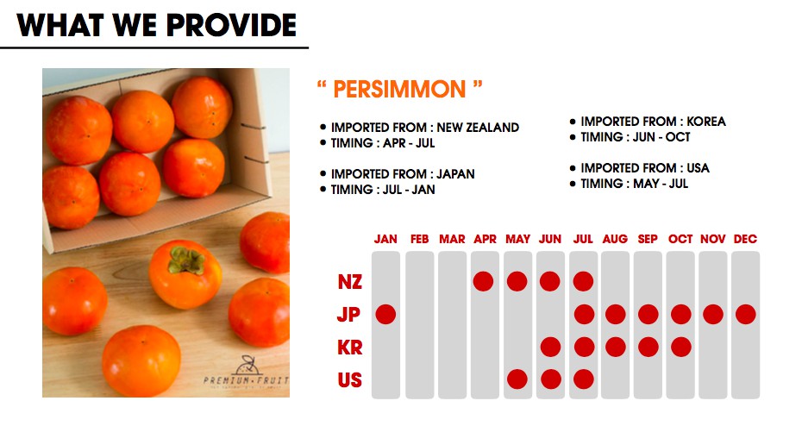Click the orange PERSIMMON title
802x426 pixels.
[x=399, y=89]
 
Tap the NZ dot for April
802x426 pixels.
[x=483, y=281]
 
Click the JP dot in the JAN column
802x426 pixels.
[x=385, y=314]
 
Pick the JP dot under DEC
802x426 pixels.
[x=746, y=314]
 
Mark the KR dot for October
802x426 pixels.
[x=680, y=347]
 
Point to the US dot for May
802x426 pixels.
[x=517, y=379]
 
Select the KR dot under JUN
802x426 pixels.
[x=550, y=347]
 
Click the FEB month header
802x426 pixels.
[x=419, y=239]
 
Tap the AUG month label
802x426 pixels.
[x=615, y=239]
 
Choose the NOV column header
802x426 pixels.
[x=713, y=239]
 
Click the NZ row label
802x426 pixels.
[x=350, y=282]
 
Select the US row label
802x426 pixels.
[x=350, y=380]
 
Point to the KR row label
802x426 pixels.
[x=350, y=348]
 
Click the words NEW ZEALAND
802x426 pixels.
[x=478, y=128]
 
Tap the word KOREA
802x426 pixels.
[x=705, y=122]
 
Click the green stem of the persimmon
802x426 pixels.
[x=186, y=260]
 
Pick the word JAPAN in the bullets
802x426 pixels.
[x=455, y=174]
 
